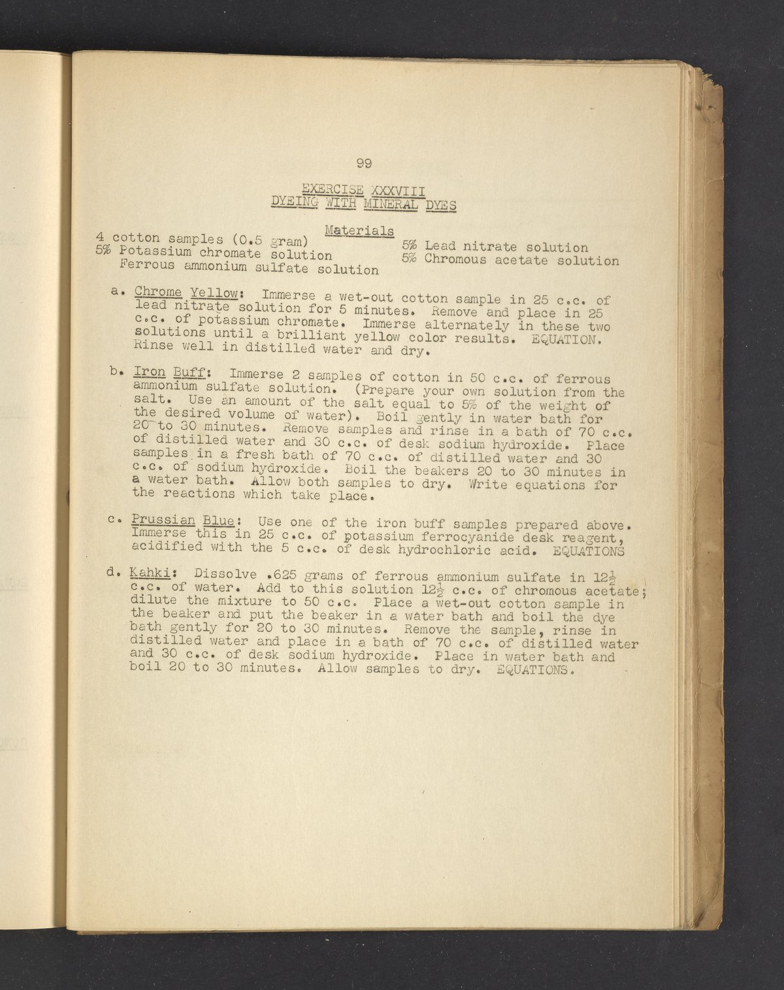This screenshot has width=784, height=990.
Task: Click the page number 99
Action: click(x=364, y=164)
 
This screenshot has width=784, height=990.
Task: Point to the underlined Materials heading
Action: click(x=359, y=231)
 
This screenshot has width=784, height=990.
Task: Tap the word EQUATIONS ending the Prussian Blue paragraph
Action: click(x=588, y=551)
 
